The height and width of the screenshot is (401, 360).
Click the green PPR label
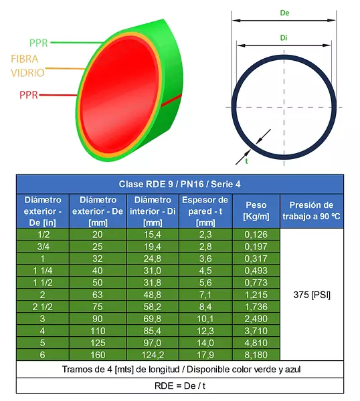[x=38, y=43]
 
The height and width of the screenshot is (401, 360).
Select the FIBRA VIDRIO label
[x=27, y=65]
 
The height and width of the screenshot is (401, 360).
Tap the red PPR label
[x=29, y=95]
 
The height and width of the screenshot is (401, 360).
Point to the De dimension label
[x=284, y=13]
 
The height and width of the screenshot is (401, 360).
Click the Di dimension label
[x=284, y=38]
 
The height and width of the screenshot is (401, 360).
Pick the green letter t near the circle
[x=246, y=161]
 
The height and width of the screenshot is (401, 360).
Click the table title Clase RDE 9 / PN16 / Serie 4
[x=180, y=184]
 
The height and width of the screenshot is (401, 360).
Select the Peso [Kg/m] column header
[x=256, y=211]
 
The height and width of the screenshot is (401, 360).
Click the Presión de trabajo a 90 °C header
[x=311, y=211]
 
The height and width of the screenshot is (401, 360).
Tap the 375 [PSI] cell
[x=312, y=295]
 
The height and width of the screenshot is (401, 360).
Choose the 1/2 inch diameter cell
[x=43, y=235]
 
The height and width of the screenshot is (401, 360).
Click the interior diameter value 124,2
[x=153, y=355]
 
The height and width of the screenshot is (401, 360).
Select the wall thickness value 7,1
[x=205, y=295]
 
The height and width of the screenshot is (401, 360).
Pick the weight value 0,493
[x=256, y=271]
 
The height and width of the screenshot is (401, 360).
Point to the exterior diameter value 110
[x=98, y=331]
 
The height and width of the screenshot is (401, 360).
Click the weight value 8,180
[x=256, y=355]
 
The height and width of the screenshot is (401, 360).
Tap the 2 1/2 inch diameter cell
[x=43, y=307]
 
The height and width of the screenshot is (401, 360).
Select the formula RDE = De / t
[x=180, y=386]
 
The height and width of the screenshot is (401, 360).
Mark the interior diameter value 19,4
[x=153, y=247]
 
